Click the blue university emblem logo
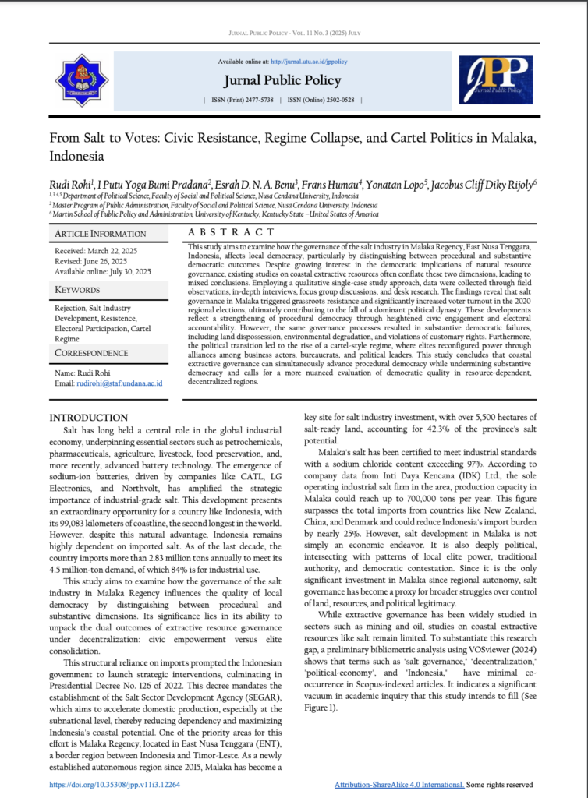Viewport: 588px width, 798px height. pos(82,80)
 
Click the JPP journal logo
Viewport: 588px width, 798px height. pos(495,80)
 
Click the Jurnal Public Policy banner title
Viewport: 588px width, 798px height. pos(282,80)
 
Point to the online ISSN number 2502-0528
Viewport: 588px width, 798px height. pos(336,101)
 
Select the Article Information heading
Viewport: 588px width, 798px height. pos(100,234)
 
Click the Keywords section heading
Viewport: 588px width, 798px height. pos(78,290)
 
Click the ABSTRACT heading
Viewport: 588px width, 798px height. pos(232,232)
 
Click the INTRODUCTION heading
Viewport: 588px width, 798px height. pos(88,418)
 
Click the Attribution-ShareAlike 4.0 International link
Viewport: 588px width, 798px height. pos(398,785)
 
